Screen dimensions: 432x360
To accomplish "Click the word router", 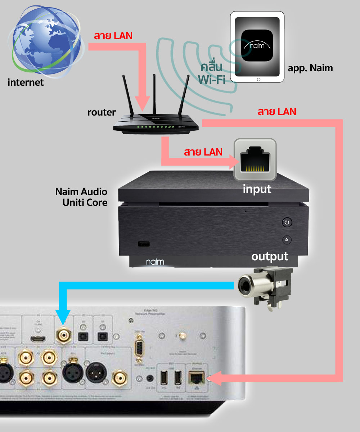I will click(102, 112).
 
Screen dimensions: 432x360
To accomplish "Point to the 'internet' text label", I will click(26, 82).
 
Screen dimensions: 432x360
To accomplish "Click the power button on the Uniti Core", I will click(287, 222).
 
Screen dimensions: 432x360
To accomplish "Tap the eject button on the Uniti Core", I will click(287, 239).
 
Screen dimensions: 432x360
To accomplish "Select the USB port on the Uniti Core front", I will click(144, 244).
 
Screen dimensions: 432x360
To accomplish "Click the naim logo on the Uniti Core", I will click(155, 262).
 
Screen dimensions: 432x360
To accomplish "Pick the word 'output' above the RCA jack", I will click(270, 256).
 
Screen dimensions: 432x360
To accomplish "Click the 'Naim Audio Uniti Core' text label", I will click(81, 197).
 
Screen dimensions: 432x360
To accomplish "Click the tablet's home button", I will click(257, 79).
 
